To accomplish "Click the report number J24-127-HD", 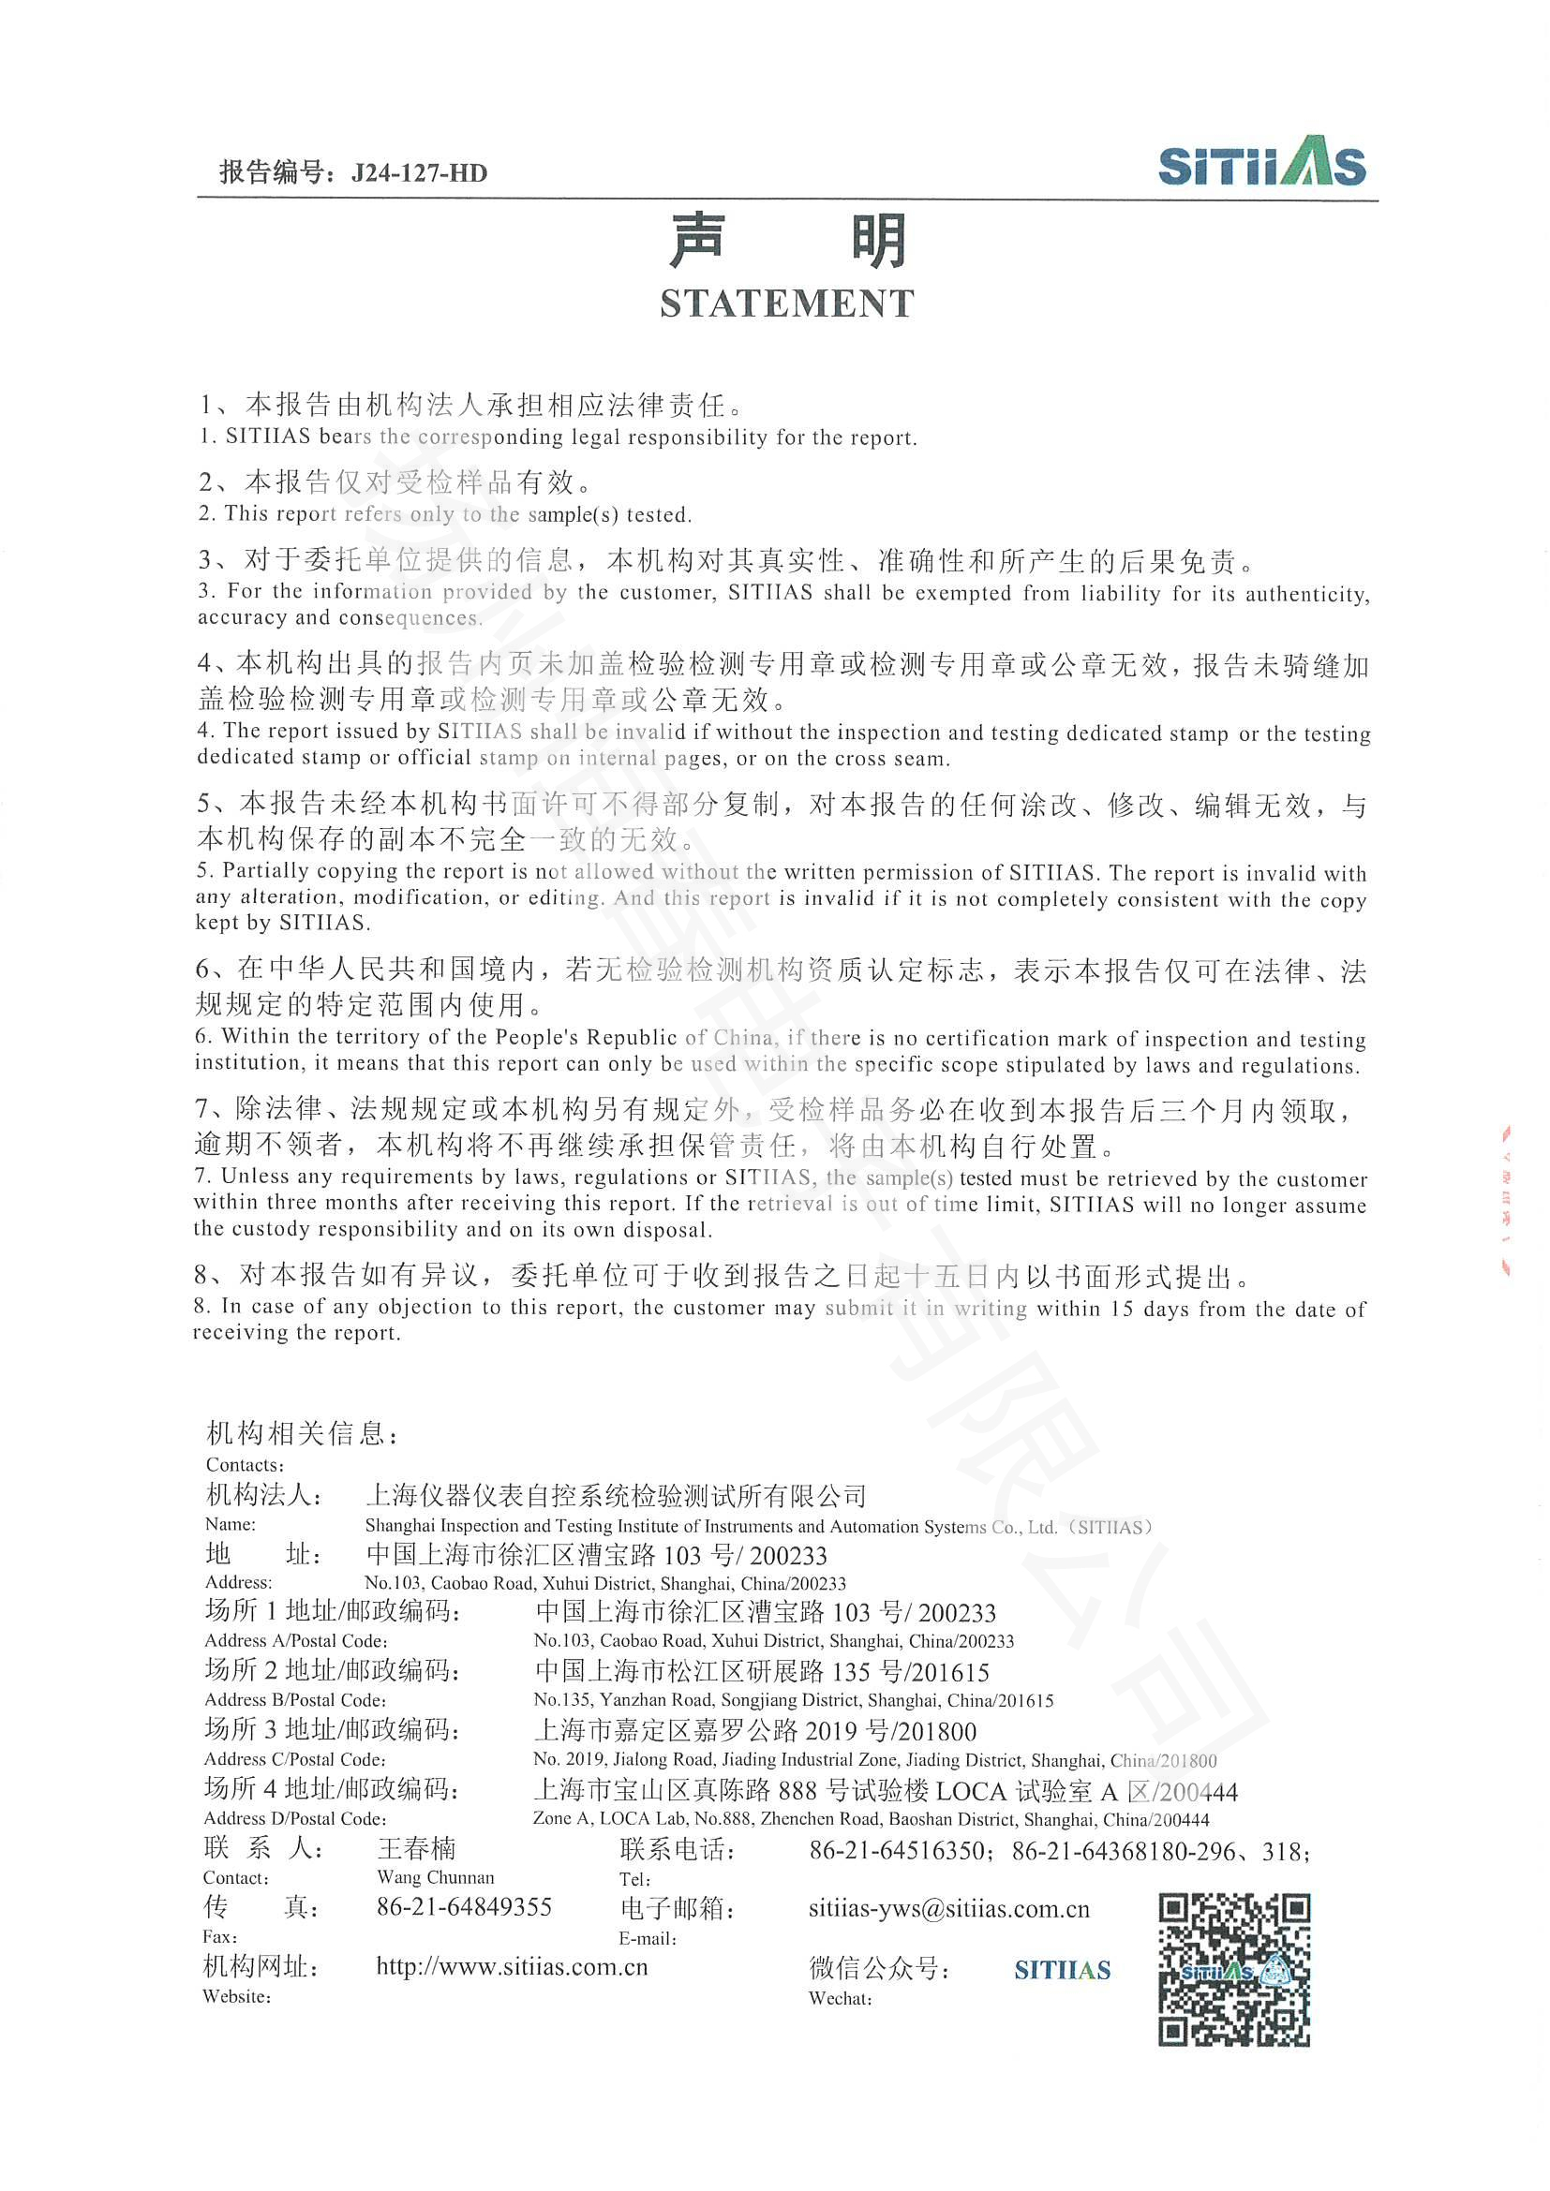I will click(x=419, y=172).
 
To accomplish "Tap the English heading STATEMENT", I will click(x=786, y=303).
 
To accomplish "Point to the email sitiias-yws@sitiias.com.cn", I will click(x=948, y=1908).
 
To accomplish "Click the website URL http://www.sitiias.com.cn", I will click(x=512, y=1966).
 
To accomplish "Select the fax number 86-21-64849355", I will click(x=465, y=1906).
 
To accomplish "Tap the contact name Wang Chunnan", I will click(x=435, y=1877).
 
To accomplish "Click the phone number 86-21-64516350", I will click(x=897, y=1851).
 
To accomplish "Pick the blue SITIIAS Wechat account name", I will click(x=1063, y=1970).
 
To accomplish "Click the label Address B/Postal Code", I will click(x=295, y=1700).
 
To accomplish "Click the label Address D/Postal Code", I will click(x=295, y=1819).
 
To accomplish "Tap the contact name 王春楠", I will click(x=417, y=1848).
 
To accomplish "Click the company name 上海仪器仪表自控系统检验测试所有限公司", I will click(x=616, y=1494).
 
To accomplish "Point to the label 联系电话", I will click(x=677, y=1850).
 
